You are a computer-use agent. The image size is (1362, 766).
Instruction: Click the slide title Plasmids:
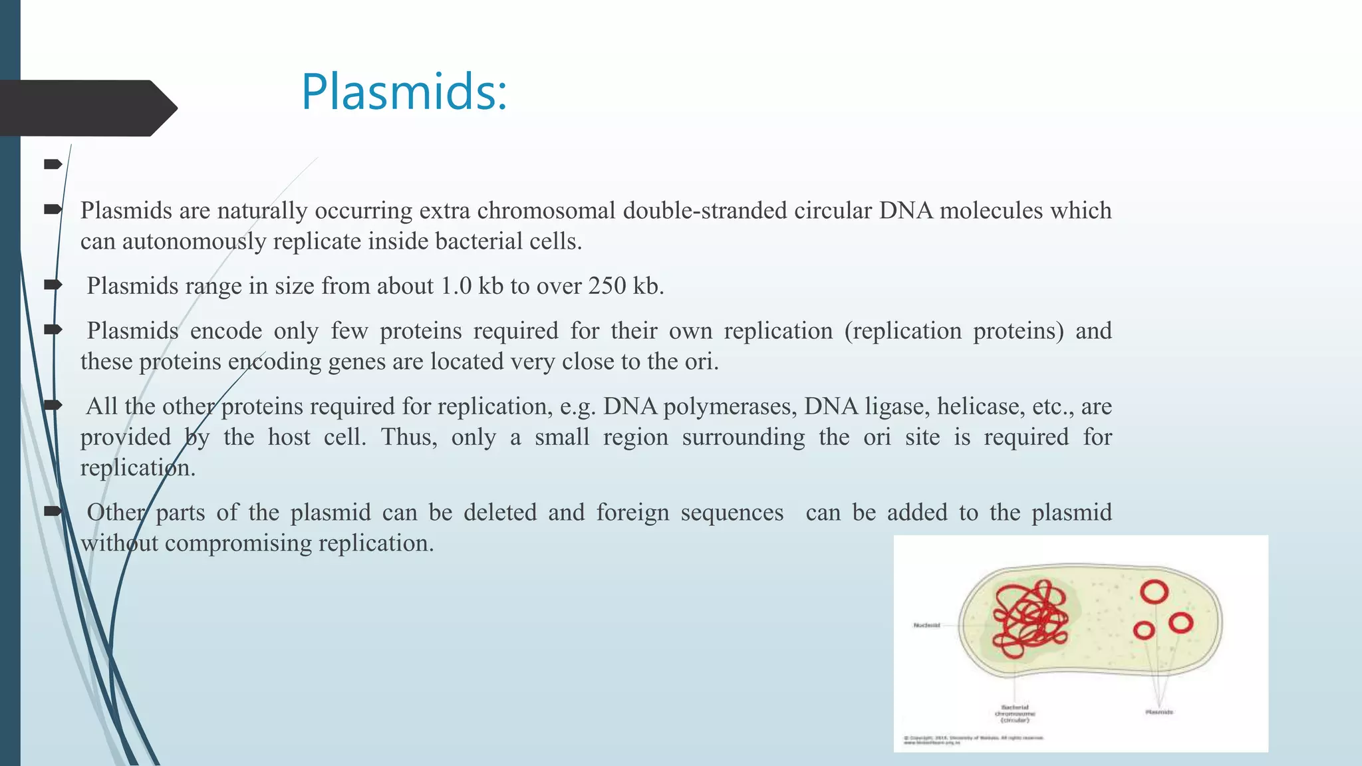pyautogui.click(x=404, y=92)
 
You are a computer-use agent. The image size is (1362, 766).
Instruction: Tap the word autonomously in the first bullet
pyautogui.click(x=194, y=241)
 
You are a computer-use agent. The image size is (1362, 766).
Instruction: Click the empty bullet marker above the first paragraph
pyautogui.click(x=53, y=164)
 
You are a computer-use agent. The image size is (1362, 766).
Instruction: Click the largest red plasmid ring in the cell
pyautogui.click(x=1154, y=592)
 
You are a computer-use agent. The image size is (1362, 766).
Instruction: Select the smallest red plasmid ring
pyautogui.click(x=1143, y=630)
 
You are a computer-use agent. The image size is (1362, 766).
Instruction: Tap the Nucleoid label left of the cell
pyautogui.click(x=926, y=625)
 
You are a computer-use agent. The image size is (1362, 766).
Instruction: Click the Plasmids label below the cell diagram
pyautogui.click(x=1158, y=712)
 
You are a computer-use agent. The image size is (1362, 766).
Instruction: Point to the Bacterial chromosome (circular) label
pyautogui.click(x=1015, y=713)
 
